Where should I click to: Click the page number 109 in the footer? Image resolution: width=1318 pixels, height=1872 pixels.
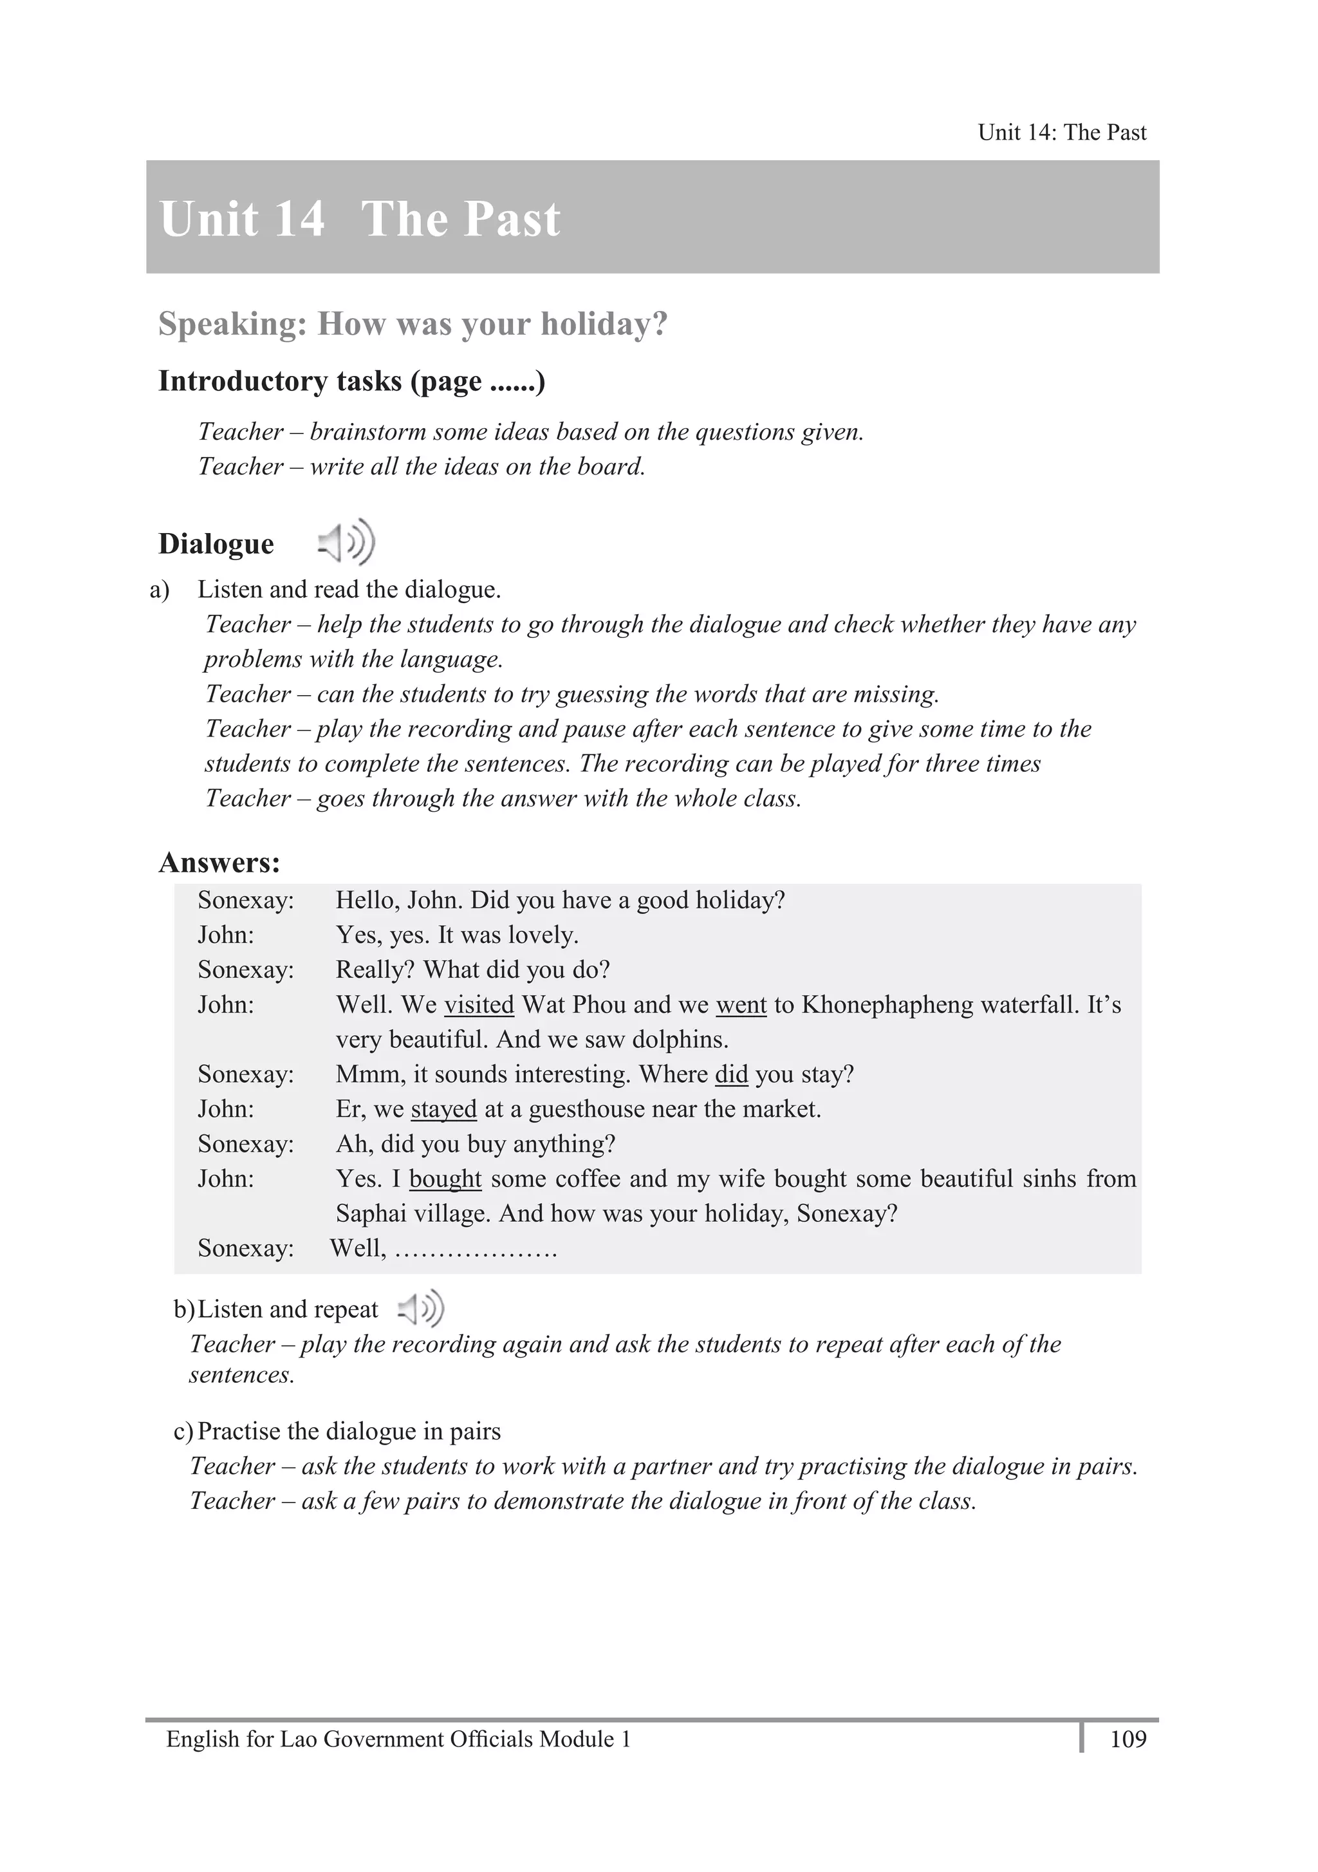(x=1128, y=1739)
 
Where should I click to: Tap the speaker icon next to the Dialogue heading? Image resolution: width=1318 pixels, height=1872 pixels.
(x=346, y=542)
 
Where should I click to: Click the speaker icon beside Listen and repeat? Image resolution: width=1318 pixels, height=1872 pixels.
(x=421, y=1309)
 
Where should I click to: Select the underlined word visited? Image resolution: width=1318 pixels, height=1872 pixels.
(x=478, y=1004)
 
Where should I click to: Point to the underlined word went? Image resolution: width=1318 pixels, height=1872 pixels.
(x=741, y=1004)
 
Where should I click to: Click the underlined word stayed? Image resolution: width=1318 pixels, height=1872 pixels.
(x=443, y=1109)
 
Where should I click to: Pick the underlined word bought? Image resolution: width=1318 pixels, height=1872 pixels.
(x=445, y=1179)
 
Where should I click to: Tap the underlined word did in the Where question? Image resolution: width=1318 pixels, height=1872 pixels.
(x=731, y=1074)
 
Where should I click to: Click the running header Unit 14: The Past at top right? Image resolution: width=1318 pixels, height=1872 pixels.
(x=1061, y=132)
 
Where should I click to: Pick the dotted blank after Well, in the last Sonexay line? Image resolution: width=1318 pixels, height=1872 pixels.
(x=476, y=1248)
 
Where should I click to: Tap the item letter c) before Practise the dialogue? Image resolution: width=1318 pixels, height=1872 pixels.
(x=183, y=1431)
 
